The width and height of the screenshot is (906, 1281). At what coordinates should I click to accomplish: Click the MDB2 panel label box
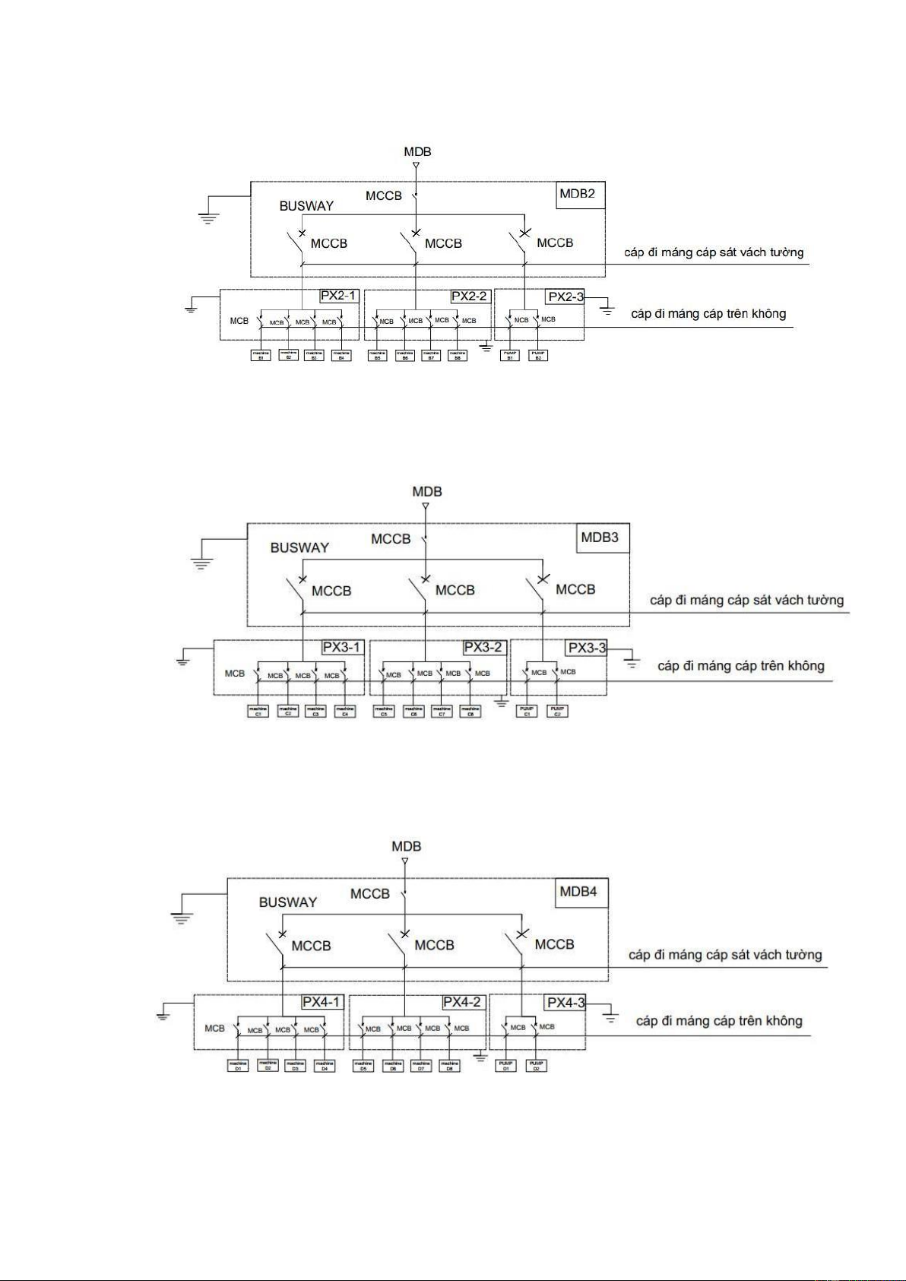click(577, 194)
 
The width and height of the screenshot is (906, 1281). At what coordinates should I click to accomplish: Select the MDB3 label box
click(600, 537)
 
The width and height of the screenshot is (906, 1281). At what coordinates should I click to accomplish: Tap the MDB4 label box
click(578, 892)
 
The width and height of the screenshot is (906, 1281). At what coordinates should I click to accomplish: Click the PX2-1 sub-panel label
click(338, 296)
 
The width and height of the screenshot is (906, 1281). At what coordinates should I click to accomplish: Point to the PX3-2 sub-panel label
click(483, 647)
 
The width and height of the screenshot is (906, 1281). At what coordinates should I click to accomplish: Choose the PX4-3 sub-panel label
click(566, 1002)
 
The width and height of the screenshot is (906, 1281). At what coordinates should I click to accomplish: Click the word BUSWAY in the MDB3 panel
click(299, 547)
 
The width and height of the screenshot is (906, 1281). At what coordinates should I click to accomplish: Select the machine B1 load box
click(261, 354)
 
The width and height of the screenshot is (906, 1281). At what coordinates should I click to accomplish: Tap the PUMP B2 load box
click(538, 354)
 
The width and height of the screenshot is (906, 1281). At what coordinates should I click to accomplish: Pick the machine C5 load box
click(384, 711)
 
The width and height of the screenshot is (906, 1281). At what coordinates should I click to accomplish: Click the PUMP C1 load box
click(527, 711)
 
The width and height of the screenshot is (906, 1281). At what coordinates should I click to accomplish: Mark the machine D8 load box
click(450, 1066)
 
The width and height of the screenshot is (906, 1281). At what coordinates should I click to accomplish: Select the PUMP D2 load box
click(537, 1065)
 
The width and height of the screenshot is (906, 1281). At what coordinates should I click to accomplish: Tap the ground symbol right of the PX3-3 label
click(631, 664)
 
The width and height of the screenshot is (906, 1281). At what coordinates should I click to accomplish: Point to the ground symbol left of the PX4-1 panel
click(163, 1016)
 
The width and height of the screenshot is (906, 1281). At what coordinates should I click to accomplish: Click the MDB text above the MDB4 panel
click(406, 846)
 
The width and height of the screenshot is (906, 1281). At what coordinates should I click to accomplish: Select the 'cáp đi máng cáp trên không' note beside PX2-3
click(708, 314)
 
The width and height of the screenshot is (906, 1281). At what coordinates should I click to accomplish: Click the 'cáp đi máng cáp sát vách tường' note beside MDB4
click(725, 955)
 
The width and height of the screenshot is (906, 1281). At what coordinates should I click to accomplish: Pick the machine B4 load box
click(342, 354)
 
